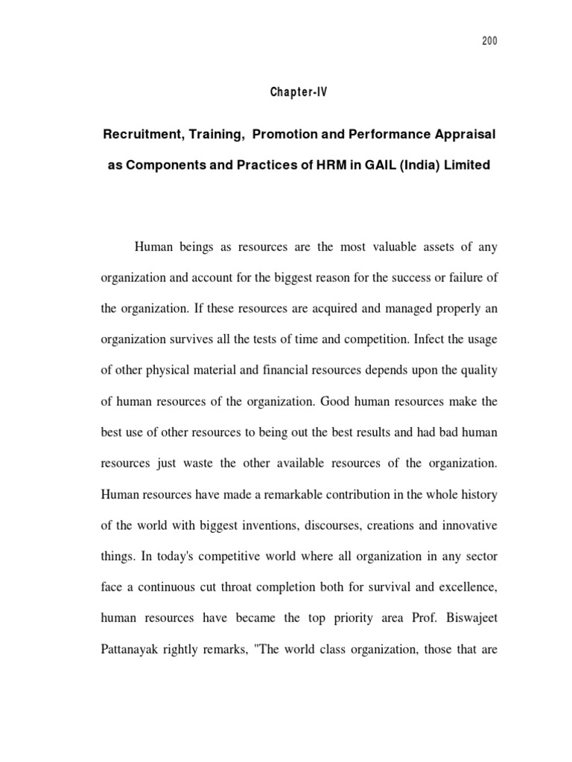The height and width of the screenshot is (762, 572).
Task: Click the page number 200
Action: pos(489,41)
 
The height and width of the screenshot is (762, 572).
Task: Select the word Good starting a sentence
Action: pos(337,400)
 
